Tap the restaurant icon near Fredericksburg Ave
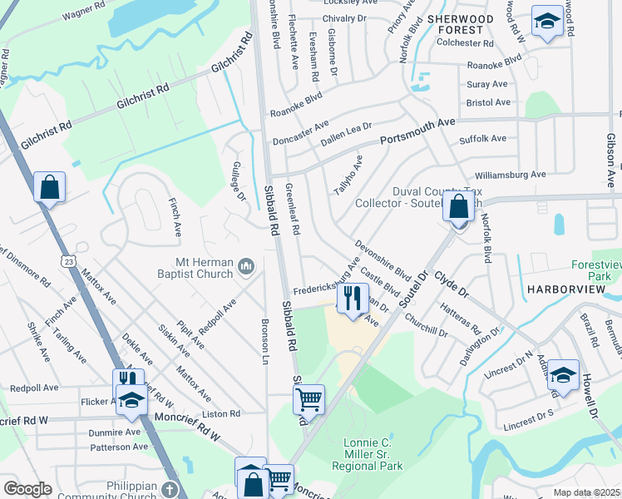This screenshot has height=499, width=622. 353,297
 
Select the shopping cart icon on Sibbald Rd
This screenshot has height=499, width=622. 309,400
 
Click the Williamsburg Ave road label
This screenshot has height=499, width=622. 510,175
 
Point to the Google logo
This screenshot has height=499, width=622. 27,489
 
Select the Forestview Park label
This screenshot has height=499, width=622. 596,269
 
